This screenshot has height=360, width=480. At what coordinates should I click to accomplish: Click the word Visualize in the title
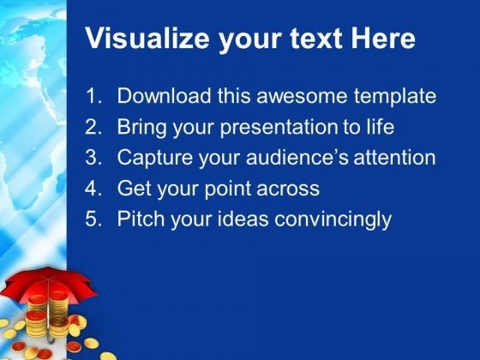(147, 39)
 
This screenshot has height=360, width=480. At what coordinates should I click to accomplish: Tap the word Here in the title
(382, 39)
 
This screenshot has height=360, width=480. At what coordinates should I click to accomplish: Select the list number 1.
(93, 96)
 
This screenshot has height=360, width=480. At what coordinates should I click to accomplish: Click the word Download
(164, 96)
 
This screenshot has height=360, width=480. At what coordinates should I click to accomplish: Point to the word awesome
(302, 96)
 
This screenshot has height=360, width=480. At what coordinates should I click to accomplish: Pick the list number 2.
(93, 127)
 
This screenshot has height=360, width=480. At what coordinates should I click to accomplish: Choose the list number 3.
(93, 158)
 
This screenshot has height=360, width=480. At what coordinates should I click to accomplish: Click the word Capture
(154, 159)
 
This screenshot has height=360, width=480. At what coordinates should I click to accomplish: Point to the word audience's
(297, 158)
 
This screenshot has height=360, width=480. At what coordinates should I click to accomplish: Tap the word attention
(394, 158)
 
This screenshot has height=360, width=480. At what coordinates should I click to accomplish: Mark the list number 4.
(93, 188)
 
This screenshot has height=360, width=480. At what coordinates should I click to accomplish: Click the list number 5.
(93, 219)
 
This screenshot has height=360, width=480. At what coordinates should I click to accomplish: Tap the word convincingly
(333, 220)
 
